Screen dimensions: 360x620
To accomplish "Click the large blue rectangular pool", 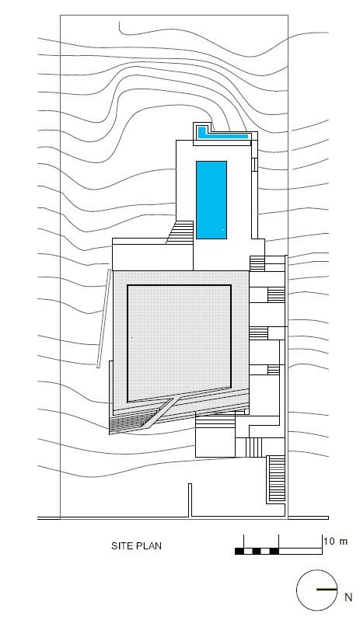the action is coord(211,200).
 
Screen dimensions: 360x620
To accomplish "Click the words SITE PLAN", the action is coord(136,546).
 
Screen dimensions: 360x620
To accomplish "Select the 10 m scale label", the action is coord(335,541).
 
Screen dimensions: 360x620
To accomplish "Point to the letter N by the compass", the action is coord(348,597).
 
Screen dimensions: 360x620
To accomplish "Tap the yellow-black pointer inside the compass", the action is coord(327,590).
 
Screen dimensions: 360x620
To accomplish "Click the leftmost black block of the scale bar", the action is coord(239,551).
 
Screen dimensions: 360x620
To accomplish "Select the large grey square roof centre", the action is coord(179,342).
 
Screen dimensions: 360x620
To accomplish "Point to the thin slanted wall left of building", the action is coord(103,319).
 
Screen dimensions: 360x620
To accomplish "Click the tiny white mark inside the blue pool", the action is coord(223,229).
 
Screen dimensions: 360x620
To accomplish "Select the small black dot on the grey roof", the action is coord(131,338).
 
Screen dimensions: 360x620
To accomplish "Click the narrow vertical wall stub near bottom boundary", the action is coord(190,500).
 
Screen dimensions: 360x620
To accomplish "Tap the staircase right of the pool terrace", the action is coord(257,263).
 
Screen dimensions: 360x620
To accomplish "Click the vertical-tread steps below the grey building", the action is coord(254,448).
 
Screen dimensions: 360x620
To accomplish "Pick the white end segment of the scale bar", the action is coord(301,551).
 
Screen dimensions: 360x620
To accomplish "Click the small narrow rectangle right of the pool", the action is coord(255,164).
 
